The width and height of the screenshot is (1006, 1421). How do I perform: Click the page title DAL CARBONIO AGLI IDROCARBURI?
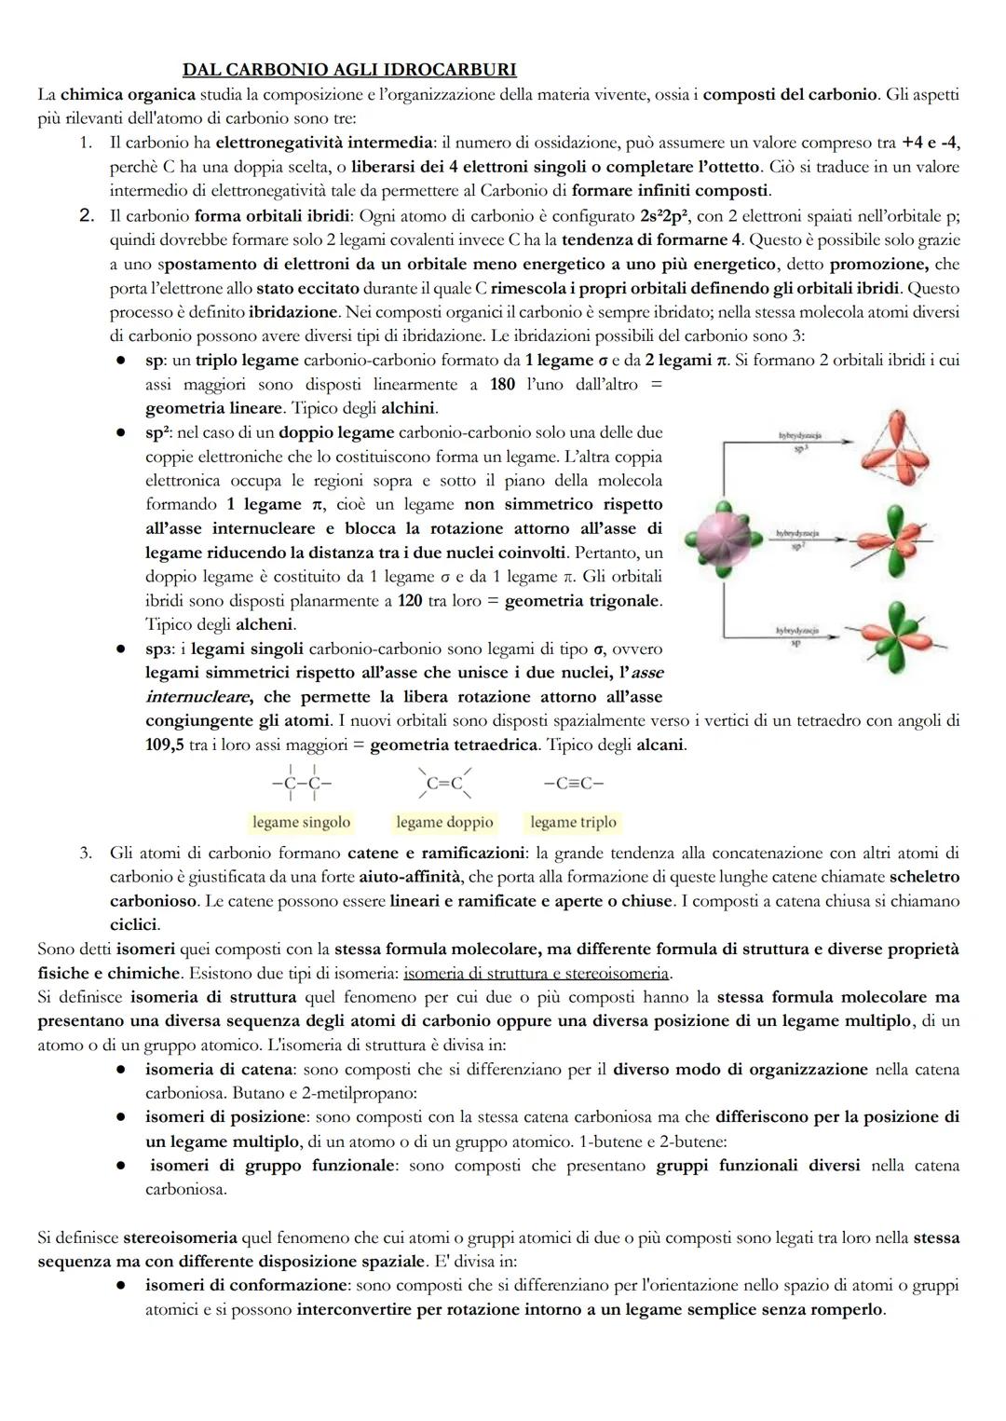349,70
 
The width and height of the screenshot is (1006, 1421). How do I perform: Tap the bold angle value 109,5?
164,745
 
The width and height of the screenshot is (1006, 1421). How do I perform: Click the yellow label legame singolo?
301,822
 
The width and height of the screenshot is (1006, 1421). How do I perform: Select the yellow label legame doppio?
444,822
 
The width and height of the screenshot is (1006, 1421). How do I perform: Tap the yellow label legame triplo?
573,822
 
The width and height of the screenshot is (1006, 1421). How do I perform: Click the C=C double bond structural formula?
444,784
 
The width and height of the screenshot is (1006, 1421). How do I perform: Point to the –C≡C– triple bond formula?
573,784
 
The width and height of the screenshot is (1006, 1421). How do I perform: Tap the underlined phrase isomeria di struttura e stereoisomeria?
537,973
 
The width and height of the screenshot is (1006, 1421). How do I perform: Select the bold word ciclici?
134,925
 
